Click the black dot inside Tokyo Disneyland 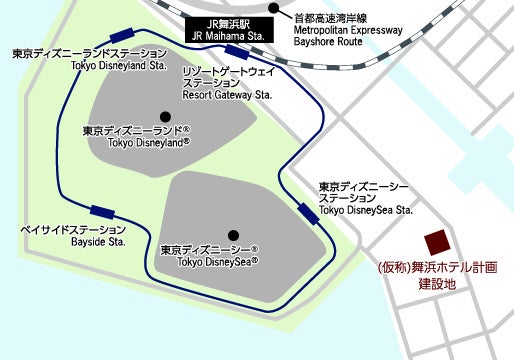click(x=165, y=115)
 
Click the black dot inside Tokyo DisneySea click(x=233, y=235)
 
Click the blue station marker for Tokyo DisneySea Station click(x=307, y=213)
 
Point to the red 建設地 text click(x=436, y=285)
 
